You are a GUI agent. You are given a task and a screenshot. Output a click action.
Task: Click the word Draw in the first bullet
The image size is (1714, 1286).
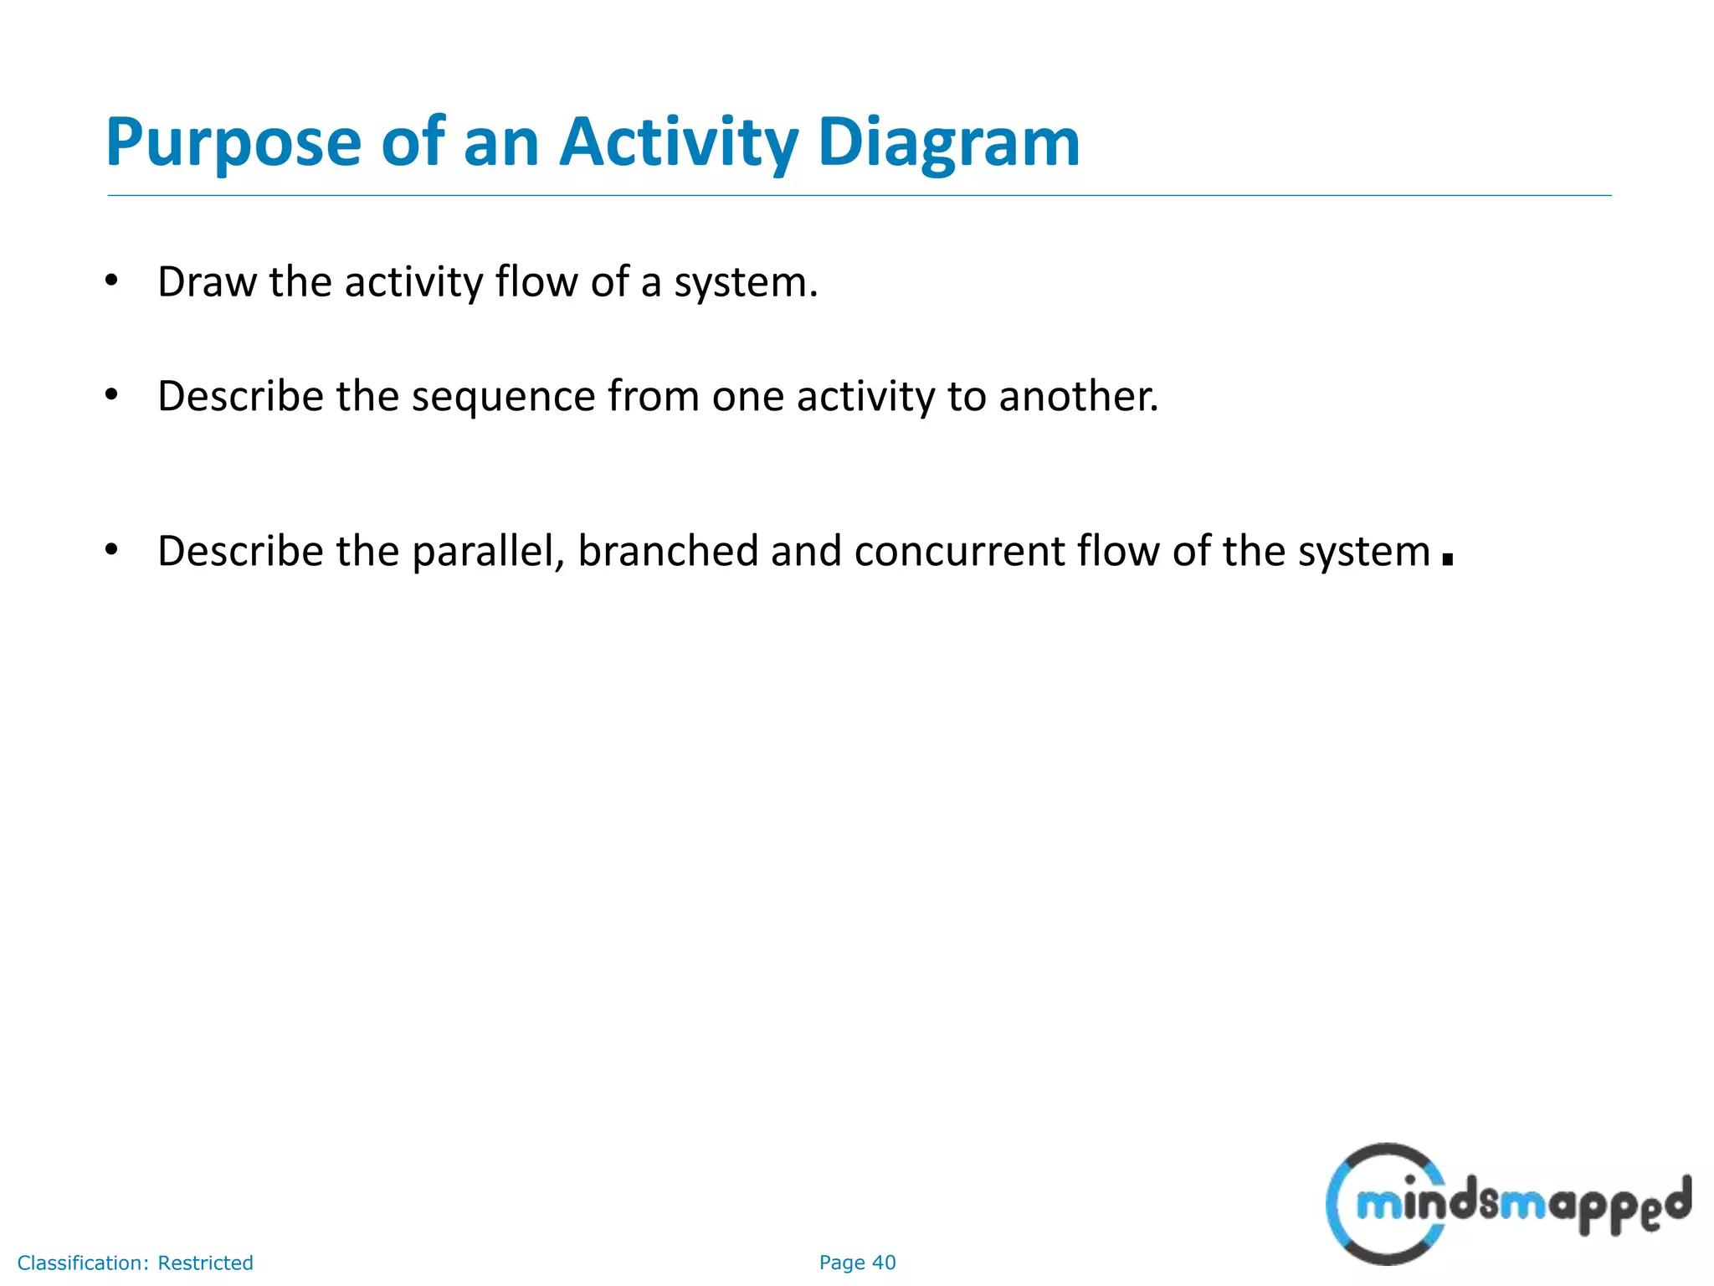click(x=207, y=282)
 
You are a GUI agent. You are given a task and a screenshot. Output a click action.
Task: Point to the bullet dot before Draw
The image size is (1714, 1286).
click(x=111, y=280)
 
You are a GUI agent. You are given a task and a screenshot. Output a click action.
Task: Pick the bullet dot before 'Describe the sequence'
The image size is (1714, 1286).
click(x=111, y=394)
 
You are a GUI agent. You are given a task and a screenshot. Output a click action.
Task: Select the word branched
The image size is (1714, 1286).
click(x=667, y=552)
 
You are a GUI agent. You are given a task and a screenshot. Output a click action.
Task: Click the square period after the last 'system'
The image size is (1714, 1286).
click(x=1448, y=558)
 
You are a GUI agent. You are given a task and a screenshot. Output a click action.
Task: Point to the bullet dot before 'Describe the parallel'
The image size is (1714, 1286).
click(x=111, y=550)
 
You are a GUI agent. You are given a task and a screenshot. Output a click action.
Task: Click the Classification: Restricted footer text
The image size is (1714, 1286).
click(x=135, y=1263)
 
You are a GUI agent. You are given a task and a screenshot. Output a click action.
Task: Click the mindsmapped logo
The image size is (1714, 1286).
click(x=1507, y=1204)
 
